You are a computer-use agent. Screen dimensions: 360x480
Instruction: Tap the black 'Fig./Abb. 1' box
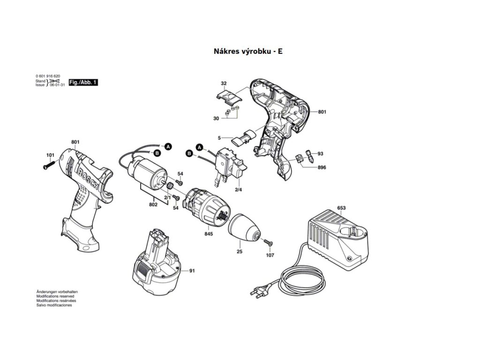click(x=83, y=82)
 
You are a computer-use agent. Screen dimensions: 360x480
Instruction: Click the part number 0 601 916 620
click(x=47, y=76)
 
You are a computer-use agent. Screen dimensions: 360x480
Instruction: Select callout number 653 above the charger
click(x=341, y=208)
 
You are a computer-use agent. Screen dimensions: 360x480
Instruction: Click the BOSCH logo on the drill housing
click(x=90, y=178)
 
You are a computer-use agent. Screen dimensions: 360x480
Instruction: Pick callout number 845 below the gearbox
click(x=208, y=233)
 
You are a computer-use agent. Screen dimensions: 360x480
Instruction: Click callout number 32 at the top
click(x=224, y=83)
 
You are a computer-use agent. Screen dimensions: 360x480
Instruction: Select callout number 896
click(x=322, y=167)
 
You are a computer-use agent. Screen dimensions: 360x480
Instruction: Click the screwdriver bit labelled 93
click(x=308, y=154)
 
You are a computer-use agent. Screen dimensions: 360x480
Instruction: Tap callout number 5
click(x=219, y=137)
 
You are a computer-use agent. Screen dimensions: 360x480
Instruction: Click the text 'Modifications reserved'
click(x=55, y=297)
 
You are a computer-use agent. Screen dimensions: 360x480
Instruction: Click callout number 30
click(x=216, y=119)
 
